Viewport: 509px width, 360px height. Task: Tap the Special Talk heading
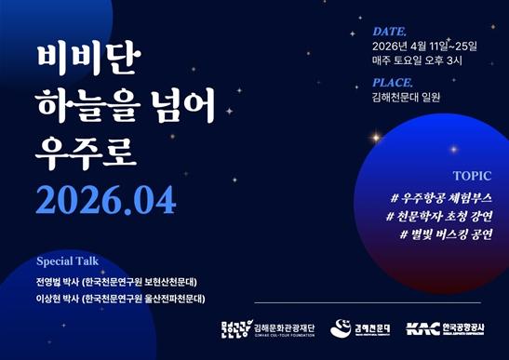pyautogui.click(x=67, y=261)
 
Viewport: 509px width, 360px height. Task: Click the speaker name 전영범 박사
pyautogui.click(x=55, y=281)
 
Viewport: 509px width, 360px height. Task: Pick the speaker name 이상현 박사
pyautogui.click(x=55, y=299)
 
